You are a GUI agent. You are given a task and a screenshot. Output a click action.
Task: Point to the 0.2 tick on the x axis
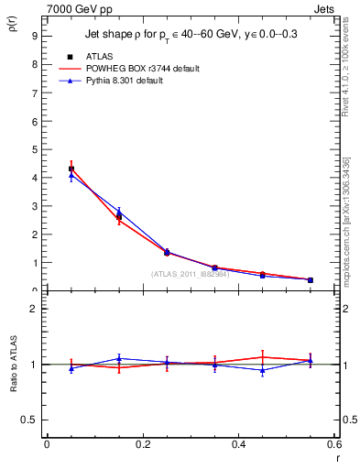(x=142, y=444)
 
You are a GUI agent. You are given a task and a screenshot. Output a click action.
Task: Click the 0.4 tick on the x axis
(x=239, y=444)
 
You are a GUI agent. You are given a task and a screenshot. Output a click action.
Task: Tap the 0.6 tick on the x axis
(x=334, y=444)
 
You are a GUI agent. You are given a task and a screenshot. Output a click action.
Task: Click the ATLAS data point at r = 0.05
(x=71, y=169)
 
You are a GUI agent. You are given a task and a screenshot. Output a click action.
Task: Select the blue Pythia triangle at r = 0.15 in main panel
(x=119, y=212)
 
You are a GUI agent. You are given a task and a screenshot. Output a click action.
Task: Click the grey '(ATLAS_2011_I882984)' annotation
(x=190, y=274)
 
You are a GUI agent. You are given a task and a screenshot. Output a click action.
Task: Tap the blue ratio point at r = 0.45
(x=263, y=370)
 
